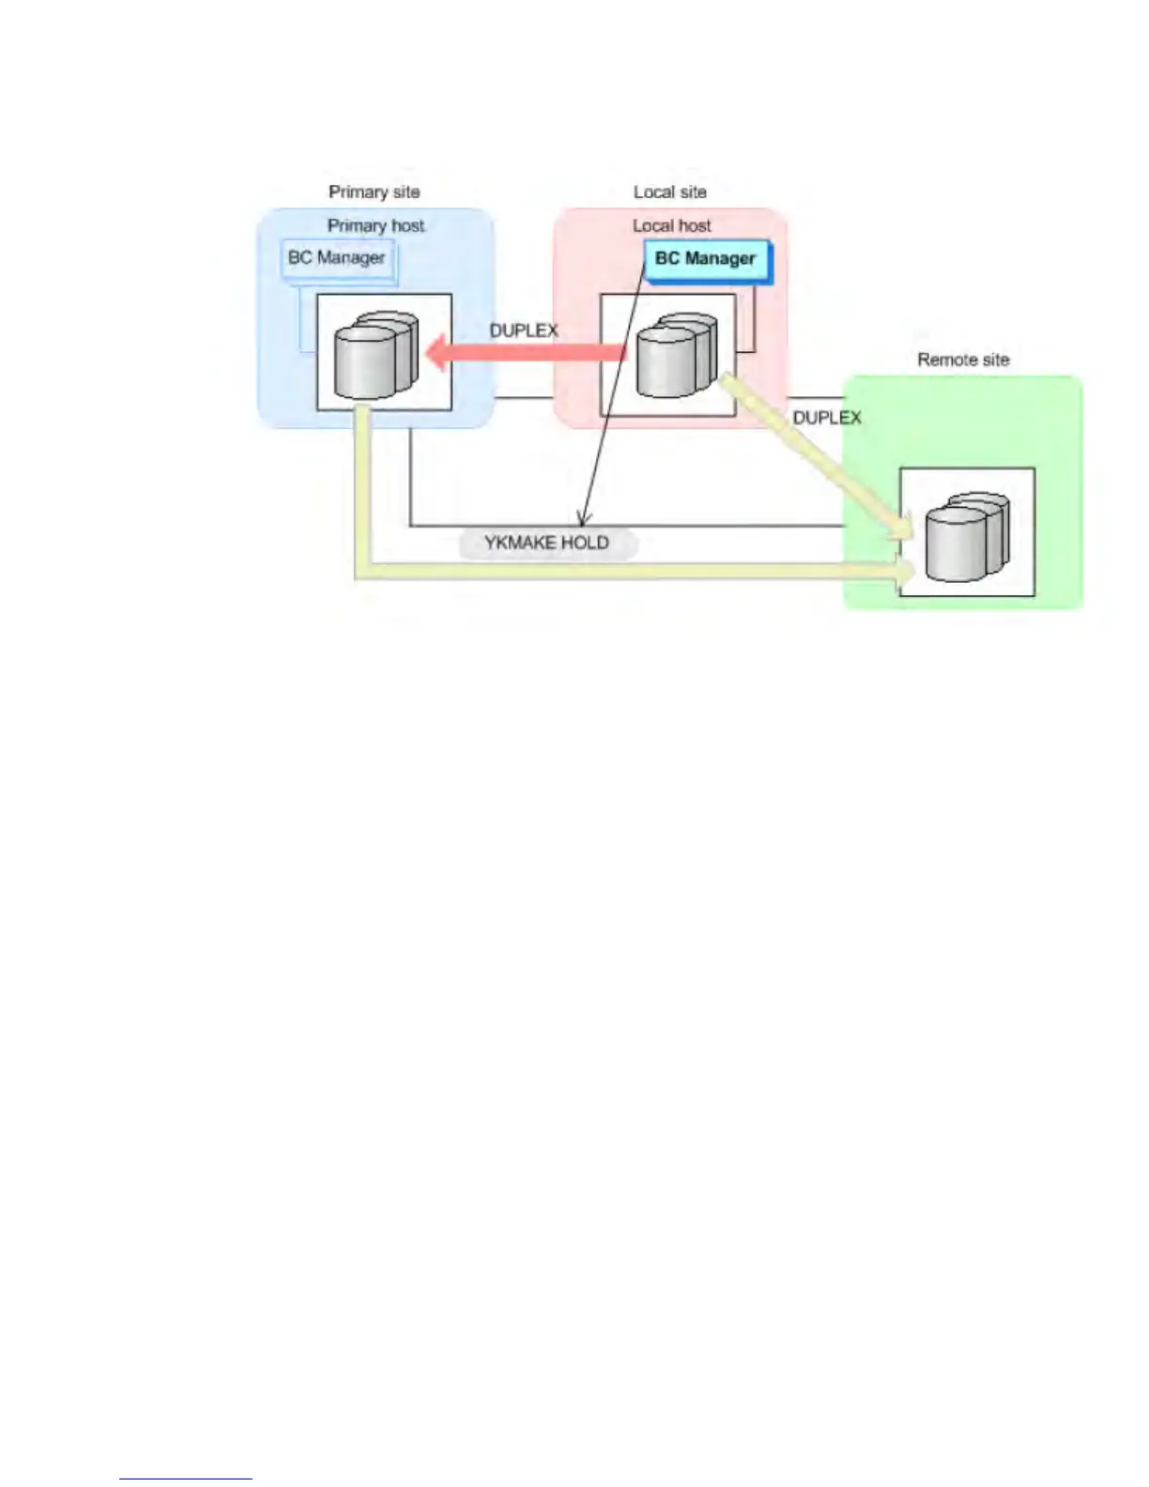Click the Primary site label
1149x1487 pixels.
[374, 192]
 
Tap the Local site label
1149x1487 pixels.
[669, 192]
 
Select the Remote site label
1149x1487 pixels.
[963, 360]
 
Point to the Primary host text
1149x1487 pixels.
[375, 226]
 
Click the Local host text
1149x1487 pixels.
[671, 226]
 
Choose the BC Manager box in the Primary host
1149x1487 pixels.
[337, 258]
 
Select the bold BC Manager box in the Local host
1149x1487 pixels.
[706, 259]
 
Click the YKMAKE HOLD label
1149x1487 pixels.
[546, 544]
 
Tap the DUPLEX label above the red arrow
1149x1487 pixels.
[524, 331]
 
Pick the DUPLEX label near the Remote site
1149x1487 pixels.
[827, 418]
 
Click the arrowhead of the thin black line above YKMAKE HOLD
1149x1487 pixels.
[583, 519]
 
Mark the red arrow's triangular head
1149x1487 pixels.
[436, 354]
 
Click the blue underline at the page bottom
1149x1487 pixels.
[185, 1479]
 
